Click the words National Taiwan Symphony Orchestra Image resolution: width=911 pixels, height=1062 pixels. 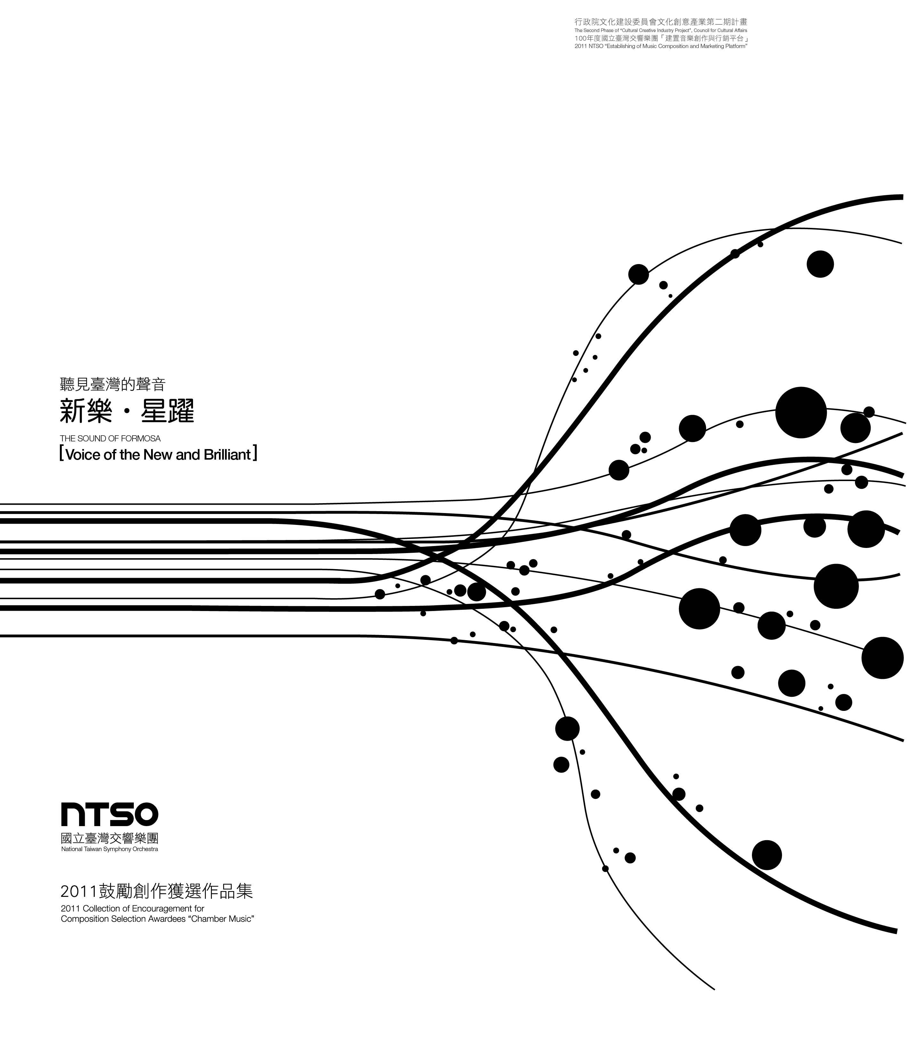[110, 849]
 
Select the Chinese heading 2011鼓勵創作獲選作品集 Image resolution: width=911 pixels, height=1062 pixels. [157, 891]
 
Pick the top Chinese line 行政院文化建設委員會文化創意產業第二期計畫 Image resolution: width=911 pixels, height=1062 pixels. [661, 22]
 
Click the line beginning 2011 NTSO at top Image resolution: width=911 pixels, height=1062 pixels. [661, 46]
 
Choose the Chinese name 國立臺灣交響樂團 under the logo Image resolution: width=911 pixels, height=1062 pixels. [110, 838]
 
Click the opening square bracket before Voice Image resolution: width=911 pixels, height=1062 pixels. [61, 454]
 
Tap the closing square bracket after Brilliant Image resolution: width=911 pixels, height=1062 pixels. [255, 454]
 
